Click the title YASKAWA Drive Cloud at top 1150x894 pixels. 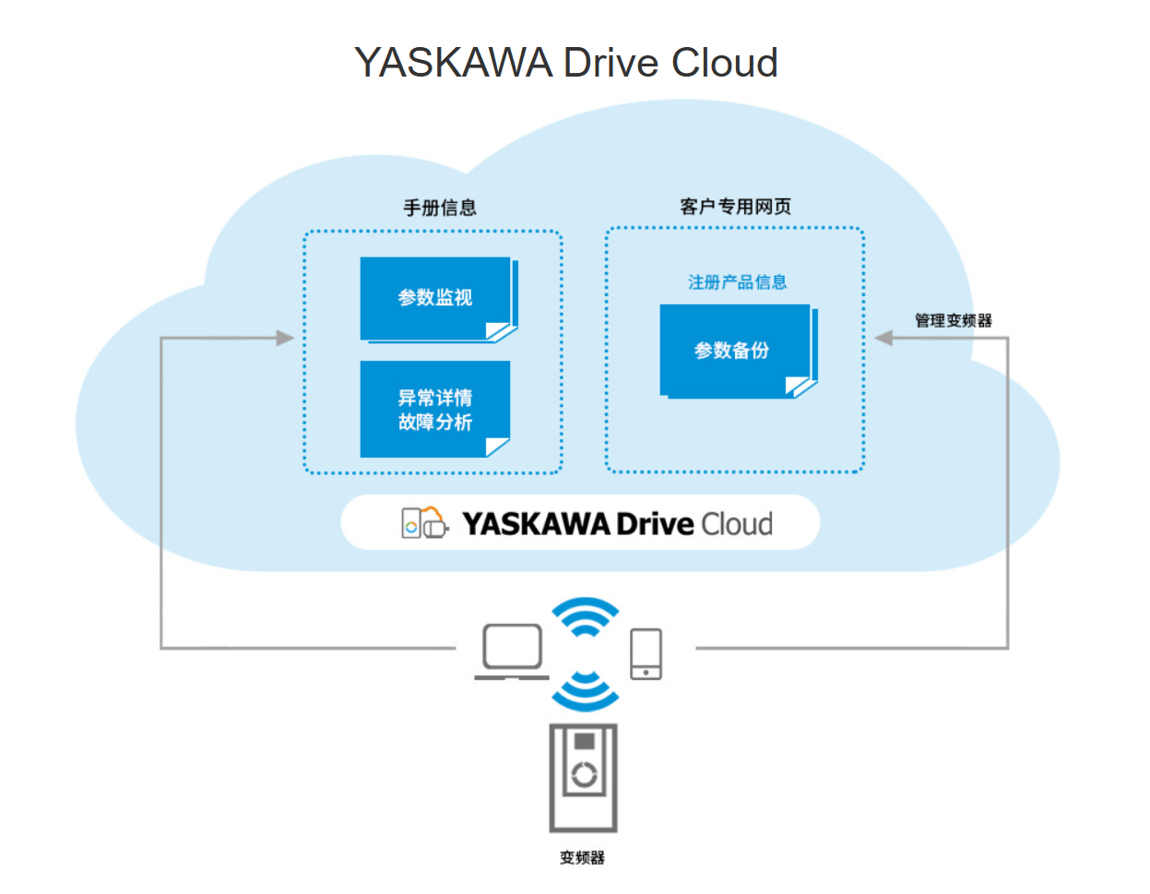click(x=566, y=63)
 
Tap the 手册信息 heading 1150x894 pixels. click(x=440, y=208)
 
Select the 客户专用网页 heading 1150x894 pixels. click(x=735, y=207)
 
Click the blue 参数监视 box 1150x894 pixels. click(x=435, y=298)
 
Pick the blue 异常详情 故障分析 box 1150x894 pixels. click(x=435, y=410)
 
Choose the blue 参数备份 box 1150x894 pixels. click(x=734, y=351)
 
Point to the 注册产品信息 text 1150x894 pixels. click(x=737, y=282)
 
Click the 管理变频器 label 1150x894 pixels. click(x=953, y=321)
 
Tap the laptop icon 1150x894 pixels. click(x=512, y=651)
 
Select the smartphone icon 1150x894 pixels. click(x=646, y=653)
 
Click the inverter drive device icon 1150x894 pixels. click(x=583, y=778)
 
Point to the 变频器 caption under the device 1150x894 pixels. click(x=582, y=858)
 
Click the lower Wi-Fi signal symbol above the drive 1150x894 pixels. click(x=585, y=692)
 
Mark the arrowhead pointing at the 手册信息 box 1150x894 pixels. click(x=285, y=339)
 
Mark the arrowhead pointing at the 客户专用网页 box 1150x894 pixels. click(x=883, y=339)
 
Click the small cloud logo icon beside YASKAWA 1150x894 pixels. click(x=424, y=523)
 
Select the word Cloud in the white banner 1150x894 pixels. click(x=736, y=524)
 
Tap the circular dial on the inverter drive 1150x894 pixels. click(x=584, y=775)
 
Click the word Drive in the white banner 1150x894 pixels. click(x=655, y=524)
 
